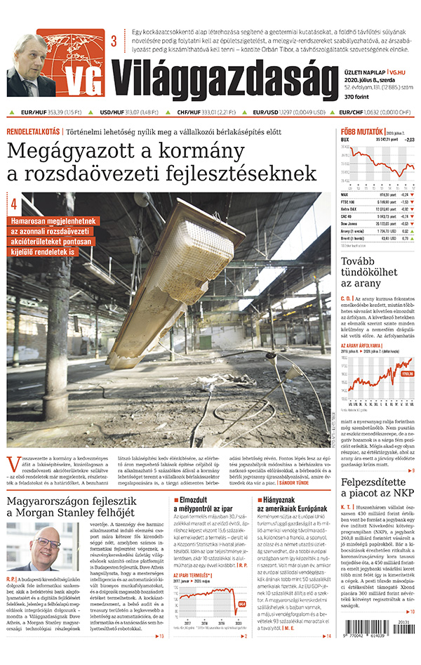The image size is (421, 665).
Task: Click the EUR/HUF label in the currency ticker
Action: (x=32, y=112)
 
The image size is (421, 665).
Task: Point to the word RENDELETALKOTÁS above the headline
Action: (x=32, y=132)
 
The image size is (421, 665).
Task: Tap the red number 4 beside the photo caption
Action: (x=13, y=204)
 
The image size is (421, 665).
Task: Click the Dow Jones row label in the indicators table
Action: (x=349, y=223)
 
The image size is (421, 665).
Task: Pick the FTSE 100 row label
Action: (x=349, y=201)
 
